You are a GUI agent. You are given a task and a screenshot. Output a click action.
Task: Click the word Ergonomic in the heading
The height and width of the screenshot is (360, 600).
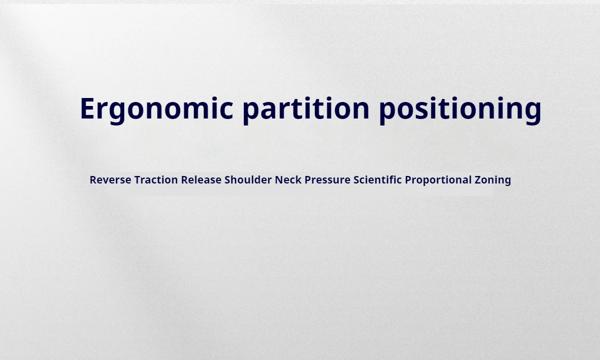click(156, 110)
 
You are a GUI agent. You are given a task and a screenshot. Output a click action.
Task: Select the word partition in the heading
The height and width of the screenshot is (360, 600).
click(306, 110)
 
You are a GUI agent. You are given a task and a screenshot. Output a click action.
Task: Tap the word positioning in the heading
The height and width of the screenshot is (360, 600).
click(460, 110)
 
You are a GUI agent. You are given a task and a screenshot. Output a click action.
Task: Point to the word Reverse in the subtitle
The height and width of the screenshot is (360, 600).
click(110, 179)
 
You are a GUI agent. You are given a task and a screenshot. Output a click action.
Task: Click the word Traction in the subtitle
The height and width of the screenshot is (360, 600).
click(156, 179)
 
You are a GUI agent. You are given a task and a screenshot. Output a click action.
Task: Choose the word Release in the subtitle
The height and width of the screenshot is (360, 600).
click(201, 179)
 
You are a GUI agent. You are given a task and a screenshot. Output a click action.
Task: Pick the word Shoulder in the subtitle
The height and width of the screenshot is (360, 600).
click(248, 179)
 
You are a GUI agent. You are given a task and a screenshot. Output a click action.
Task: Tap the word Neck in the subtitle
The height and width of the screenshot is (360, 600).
click(288, 179)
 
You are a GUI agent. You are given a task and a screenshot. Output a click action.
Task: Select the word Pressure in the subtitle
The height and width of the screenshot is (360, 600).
click(327, 179)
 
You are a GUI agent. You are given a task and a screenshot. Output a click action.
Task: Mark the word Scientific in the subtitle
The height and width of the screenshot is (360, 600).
click(377, 179)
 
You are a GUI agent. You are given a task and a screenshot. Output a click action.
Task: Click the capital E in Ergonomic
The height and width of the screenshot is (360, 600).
click(88, 108)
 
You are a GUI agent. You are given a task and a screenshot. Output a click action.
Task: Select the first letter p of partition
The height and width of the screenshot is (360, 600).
click(250, 114)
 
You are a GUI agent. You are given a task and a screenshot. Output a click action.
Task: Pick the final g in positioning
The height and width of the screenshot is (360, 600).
click(533, 114)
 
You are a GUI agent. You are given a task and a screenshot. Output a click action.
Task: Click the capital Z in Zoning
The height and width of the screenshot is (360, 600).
click(478, 179)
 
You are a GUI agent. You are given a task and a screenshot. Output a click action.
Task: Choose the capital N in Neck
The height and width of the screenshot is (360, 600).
click(279, 179)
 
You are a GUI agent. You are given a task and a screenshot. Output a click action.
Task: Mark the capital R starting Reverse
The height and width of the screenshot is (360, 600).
click(93, 179)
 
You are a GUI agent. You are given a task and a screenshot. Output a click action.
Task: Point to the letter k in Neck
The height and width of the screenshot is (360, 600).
click(298, 179)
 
